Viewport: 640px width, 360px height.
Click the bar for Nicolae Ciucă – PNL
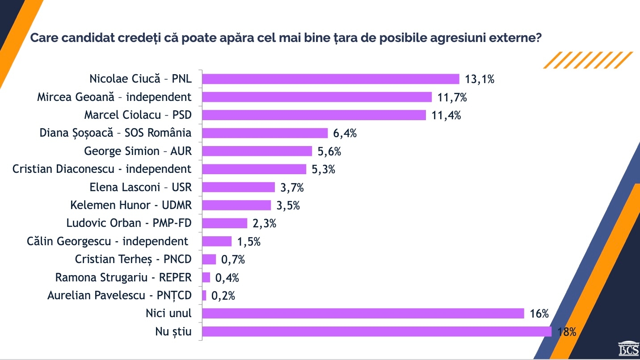331,79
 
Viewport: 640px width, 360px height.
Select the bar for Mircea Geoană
317,97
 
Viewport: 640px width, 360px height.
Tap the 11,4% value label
446,115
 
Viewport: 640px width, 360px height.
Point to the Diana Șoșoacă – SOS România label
115,133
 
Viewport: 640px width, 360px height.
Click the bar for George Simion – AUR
257,151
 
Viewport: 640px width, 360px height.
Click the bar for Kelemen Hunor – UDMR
236,205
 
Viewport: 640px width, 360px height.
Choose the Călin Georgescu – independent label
107,242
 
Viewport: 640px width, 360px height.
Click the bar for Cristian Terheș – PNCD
209,260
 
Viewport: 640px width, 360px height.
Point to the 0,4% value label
227,278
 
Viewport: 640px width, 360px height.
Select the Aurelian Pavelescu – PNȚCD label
119,296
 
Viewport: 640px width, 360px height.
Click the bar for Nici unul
363,314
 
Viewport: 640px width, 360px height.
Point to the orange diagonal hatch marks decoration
588,60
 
